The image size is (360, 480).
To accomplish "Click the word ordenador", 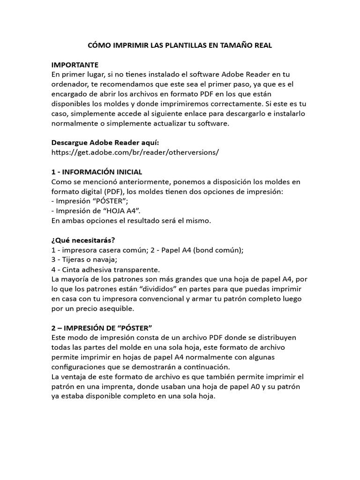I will coord(71,84).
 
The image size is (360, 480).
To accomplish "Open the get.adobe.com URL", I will coord(135,152).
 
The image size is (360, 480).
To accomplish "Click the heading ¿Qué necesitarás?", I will coord(83,240).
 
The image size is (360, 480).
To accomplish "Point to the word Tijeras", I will coord(74,260).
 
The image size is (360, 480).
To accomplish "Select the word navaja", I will coord(105,260).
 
